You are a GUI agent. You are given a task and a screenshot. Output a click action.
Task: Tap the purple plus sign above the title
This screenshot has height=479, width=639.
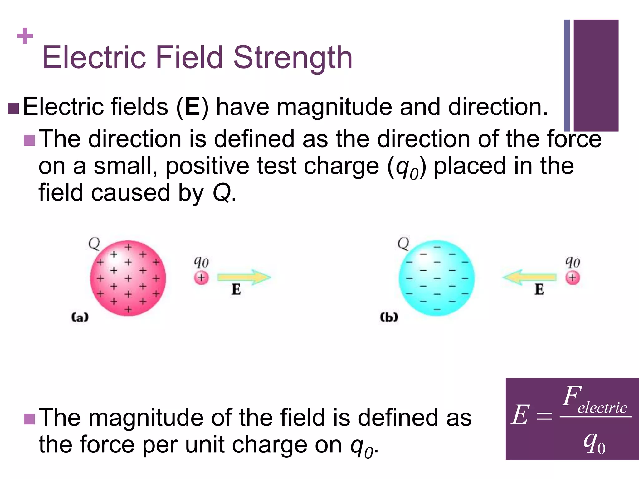(x=25, y=36)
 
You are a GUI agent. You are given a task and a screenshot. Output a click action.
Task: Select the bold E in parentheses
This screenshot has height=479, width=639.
(x=192, y=107)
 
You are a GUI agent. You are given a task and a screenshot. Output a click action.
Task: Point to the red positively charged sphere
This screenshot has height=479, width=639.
(x=128, y=278)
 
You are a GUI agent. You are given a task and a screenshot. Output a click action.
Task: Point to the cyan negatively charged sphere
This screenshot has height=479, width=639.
(x=437, y=278)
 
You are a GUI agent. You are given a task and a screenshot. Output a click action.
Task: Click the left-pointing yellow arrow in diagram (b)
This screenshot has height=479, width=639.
(x=529, y=277)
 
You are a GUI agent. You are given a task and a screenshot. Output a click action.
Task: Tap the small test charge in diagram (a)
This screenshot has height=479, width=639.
(x=201, y=278)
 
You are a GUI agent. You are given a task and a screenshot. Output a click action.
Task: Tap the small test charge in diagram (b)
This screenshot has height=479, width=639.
(x=572, y=278)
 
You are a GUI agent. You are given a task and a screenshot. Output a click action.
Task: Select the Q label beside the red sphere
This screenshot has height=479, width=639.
(x=94, y=244)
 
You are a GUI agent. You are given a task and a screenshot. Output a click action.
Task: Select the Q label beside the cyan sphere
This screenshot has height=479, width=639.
(x=403, y=244)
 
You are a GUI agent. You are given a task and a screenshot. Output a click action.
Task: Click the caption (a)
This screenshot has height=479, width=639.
(x=80, y=317)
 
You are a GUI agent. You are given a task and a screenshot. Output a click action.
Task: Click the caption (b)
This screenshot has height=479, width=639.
(x=389, y=317)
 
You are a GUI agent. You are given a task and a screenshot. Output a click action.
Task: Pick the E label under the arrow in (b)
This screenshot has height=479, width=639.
(x=539, y=289)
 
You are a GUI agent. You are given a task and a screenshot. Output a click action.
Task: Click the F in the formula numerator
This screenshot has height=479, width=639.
(x=572, y=396)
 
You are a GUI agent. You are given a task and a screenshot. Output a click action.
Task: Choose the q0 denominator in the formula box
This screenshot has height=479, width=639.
(x=594, y=443)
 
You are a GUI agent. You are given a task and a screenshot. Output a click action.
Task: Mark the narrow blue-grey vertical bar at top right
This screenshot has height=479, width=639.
(x=567, y=75)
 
